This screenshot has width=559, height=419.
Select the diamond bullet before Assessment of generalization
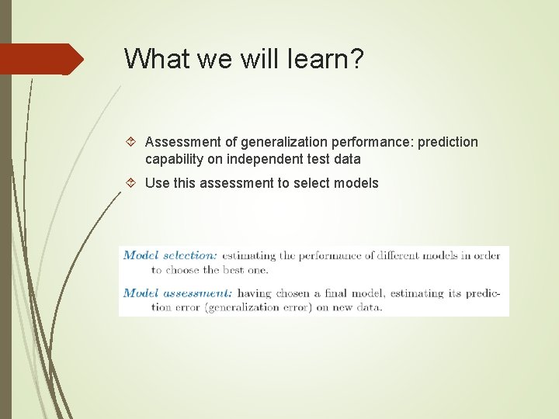click(x=132, y=142)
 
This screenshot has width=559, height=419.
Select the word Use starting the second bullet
click(x=158, y=184)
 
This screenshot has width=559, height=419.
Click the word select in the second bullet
click(x=309, y=184)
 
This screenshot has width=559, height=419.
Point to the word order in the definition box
click(x=486, y=255)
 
